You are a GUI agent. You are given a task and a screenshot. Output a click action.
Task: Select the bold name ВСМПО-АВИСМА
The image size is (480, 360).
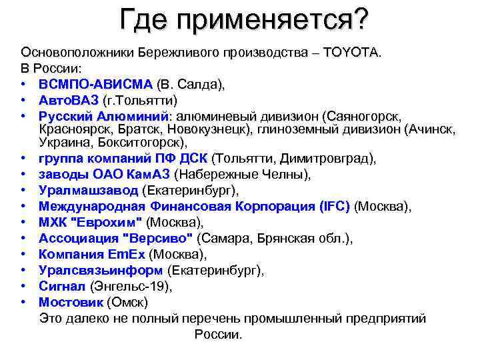95,85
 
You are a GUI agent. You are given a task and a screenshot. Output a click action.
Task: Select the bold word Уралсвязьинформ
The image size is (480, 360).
101,270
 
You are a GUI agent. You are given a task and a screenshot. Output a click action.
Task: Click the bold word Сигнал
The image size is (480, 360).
62,286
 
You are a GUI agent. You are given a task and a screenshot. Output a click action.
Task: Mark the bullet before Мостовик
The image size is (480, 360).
23,302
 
